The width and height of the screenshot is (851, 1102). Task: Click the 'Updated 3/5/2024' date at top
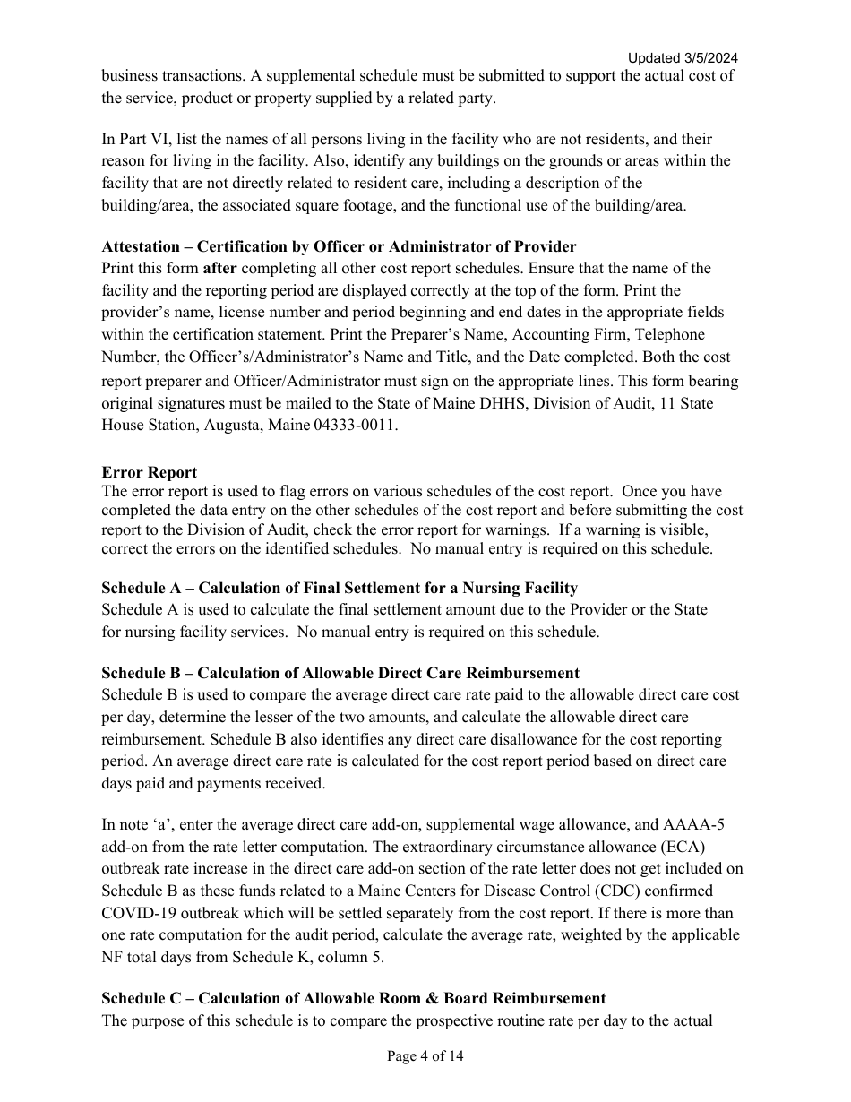682,58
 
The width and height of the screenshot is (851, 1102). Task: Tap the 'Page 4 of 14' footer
425,1056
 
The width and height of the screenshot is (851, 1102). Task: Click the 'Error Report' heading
149,472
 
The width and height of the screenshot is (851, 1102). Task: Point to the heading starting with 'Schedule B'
340,673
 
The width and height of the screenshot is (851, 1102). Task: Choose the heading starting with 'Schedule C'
353,998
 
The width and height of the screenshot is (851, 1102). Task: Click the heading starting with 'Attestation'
339,246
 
